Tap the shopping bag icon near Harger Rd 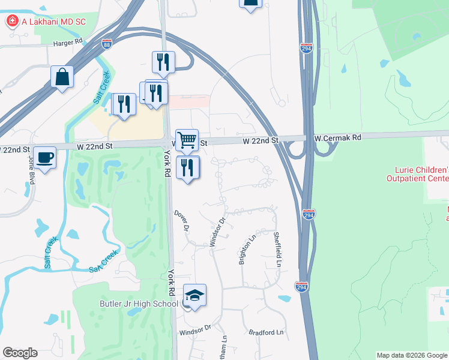tap(62, 77)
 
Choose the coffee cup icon tap(45, 158)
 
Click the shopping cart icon tap(187, 140)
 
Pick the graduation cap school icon tap(194, 295)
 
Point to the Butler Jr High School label tap(137, 304)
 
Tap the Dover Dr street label tap(182, 222)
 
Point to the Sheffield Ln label tap(277, 250)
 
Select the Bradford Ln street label tap(265, 332)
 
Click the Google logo tap(20, 353)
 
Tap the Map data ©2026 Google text tap(412, 355)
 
